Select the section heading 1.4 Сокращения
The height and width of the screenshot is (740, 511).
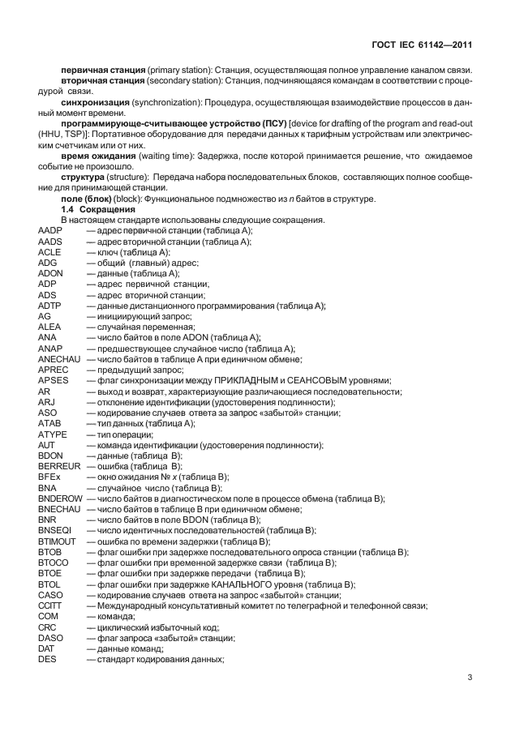92,210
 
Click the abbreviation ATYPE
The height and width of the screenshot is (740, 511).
52,434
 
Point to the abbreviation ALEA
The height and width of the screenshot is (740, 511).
49,327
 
